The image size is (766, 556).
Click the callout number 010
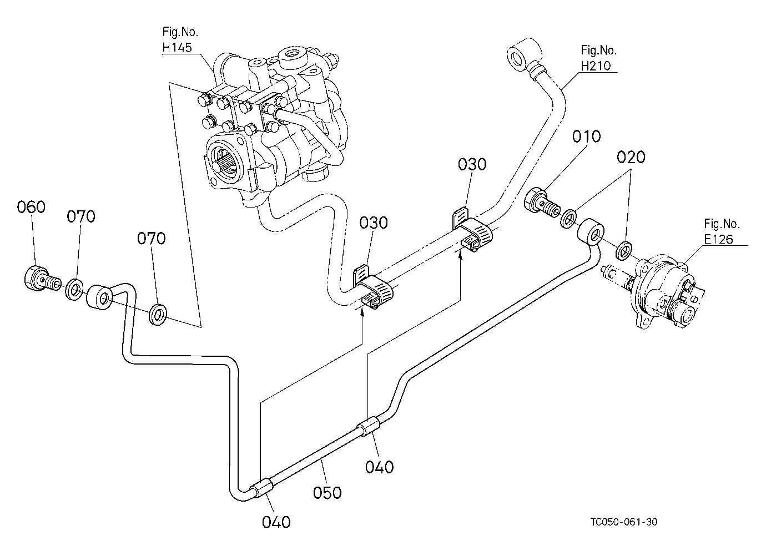[x=587, y=137]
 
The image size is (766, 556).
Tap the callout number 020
[x=631, y=157]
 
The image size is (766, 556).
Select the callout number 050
[x=327, y=493]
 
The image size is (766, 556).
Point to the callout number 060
[x=31, y=207]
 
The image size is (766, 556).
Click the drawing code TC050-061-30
[x=624, y=522]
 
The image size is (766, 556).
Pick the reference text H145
[x=177, y=48]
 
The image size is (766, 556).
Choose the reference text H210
[x=596, y=65]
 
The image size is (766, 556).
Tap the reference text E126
[x=718, y=239]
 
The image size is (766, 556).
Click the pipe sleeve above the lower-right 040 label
[x=368, y=426]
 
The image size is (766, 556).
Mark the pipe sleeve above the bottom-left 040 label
[x=263, y=489]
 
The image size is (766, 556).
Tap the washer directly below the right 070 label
[x=158, y=314]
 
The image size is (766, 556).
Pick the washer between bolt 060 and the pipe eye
[x=74, y=289]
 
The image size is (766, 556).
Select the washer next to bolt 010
[x=568, y=219]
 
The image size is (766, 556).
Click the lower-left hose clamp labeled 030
[x=373, y=286]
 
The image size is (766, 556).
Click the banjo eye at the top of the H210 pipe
[x=523, y=55]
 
